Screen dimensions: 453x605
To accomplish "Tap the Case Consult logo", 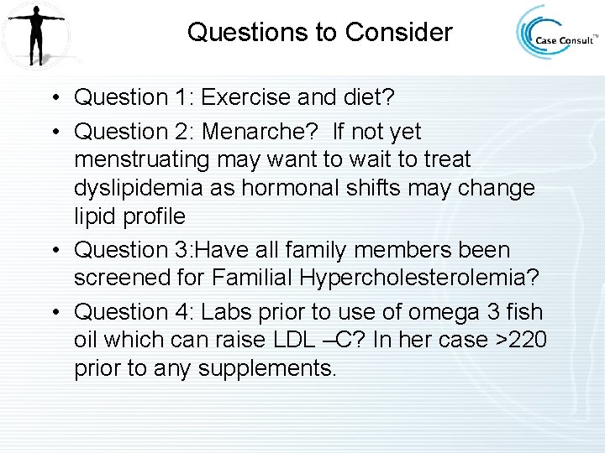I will [557, 34].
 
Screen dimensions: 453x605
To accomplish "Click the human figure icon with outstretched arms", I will [35, 34].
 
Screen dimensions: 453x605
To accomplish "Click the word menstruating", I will [147, 159].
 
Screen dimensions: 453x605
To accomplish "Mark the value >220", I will [523, 341].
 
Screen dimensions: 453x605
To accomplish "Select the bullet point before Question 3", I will [53, 250].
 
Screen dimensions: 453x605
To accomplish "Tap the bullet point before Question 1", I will [53, 97].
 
